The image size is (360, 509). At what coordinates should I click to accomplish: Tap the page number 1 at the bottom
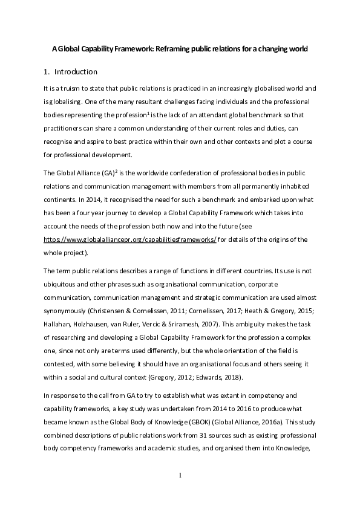tap(180, 475)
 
